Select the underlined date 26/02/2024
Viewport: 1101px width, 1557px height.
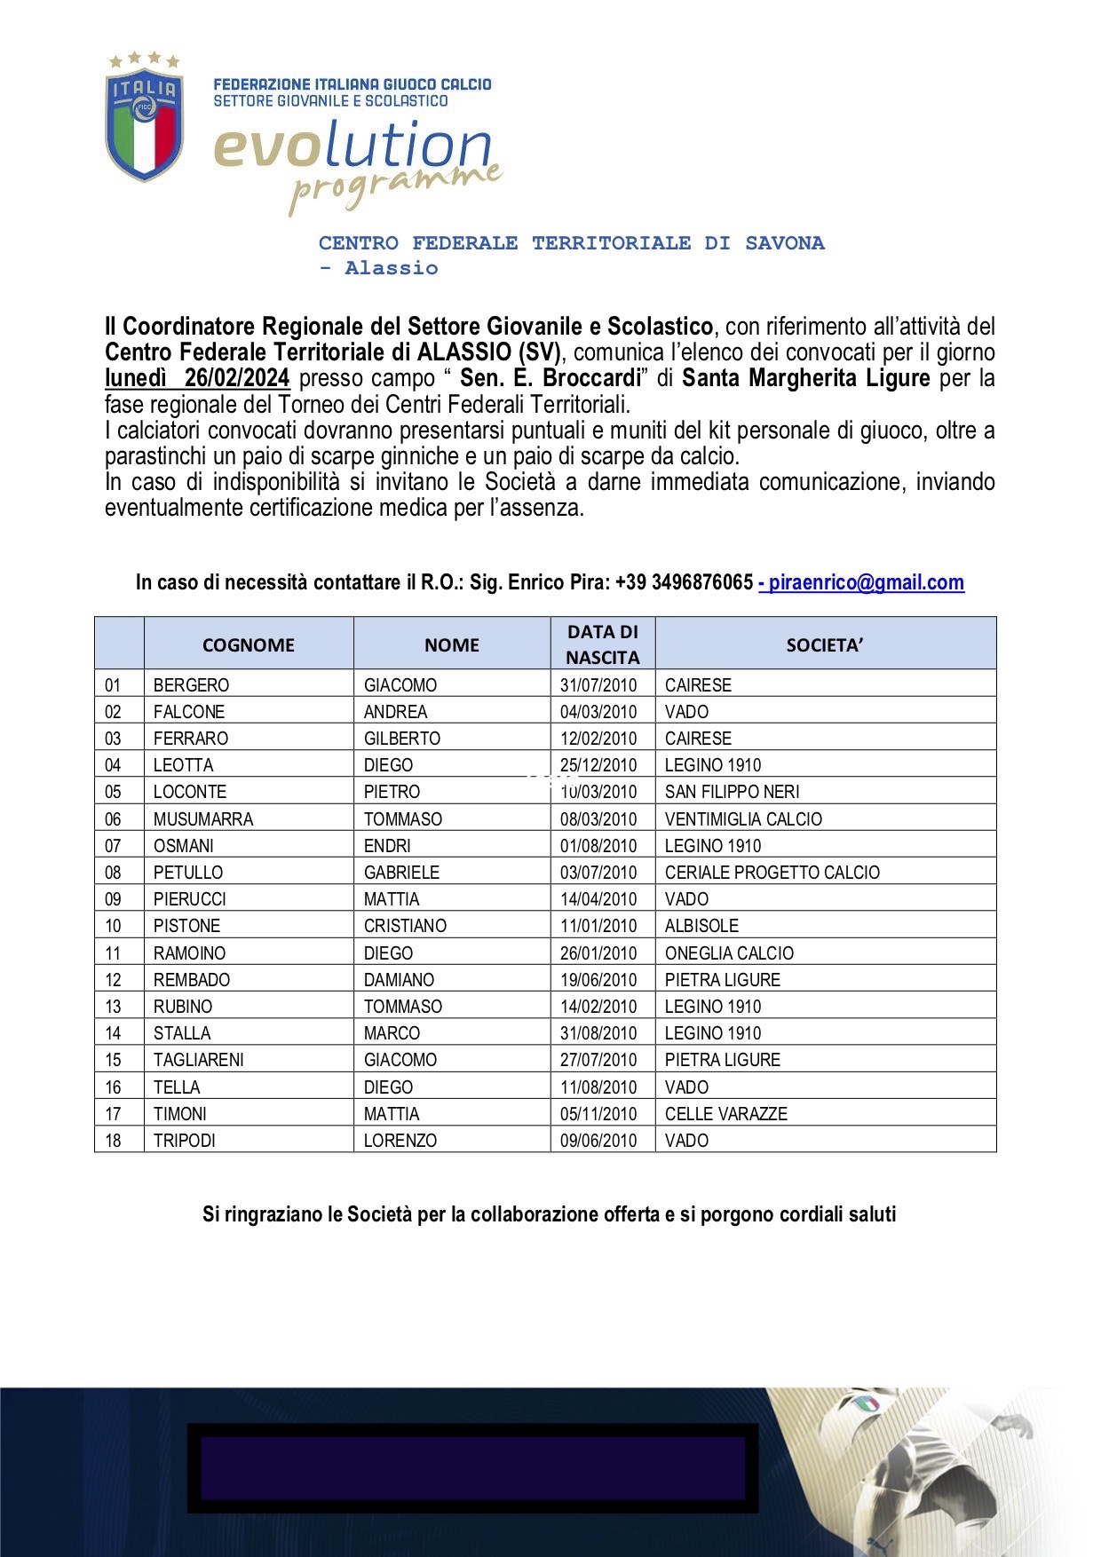tap(236, 378)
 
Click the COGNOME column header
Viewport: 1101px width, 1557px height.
tap(248, 645)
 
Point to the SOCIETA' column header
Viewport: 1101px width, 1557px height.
tap(824, 645)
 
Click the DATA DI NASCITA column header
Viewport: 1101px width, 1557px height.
tap(602, 644)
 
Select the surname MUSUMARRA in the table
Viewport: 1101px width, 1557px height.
tap(203, 819)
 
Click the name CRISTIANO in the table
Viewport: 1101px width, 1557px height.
tap(405, 926)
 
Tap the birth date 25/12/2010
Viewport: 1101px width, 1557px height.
tap(598, 765)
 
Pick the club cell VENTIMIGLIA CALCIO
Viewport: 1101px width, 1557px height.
tap(743, 819)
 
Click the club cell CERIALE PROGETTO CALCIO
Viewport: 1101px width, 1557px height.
tap(772, 873)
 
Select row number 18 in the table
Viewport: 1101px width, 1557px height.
tap(114, 1141)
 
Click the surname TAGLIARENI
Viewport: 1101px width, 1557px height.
tap(198, 1060)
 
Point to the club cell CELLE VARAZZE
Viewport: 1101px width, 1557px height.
tap(725, 1114)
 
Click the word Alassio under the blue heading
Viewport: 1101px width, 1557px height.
tap(392, 268)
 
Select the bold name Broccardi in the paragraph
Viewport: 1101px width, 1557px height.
tap(590, 378)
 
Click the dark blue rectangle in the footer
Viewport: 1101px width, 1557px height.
tap(472, 1468)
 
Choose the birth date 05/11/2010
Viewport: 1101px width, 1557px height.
tap(598, 1114)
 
